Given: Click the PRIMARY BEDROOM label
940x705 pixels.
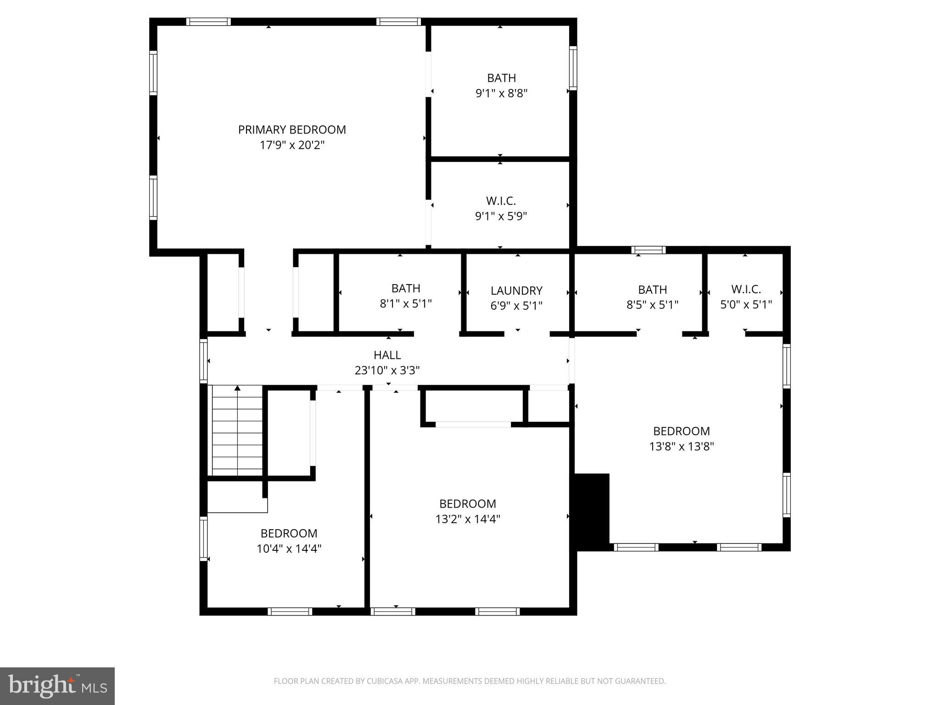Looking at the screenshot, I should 292,130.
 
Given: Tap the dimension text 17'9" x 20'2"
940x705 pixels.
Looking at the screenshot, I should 292,145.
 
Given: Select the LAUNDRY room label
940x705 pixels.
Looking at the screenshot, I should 516,291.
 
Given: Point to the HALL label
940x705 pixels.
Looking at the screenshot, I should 387,355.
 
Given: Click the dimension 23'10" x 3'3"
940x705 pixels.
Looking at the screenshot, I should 387,370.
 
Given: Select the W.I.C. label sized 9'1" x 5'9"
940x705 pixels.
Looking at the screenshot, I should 501,201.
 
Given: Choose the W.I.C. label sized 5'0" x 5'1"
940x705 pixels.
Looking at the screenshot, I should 746,290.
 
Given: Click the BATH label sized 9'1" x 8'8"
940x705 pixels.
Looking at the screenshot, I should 501,78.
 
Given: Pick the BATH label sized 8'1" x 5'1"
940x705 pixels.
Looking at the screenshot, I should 406,288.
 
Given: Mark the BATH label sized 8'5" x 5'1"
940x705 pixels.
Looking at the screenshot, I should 652,290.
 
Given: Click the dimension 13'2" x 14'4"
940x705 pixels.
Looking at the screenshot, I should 467,519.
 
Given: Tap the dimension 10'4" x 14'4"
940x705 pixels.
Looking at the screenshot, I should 289,548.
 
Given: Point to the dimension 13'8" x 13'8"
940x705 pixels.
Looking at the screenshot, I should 681,446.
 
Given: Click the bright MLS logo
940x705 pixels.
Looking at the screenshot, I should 57,686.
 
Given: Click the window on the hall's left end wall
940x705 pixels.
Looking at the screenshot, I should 203,361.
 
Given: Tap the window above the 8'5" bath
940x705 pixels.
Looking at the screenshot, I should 648,250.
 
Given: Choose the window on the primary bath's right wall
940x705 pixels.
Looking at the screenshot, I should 573,68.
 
